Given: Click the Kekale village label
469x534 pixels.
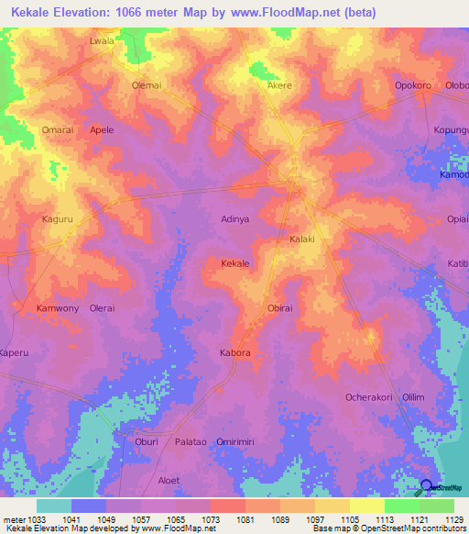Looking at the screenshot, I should (235, 263).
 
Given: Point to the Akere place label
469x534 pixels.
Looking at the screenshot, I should (278, 85).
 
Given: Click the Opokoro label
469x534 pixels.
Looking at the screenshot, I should (412, 85).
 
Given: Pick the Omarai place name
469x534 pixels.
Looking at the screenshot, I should (58, 129).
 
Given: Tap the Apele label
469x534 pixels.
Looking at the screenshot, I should (102, 129).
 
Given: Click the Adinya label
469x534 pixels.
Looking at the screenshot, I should (235, 219).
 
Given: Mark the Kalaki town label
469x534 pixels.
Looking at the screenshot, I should (302, 239).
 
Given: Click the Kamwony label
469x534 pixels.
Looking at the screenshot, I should (57, 308).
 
